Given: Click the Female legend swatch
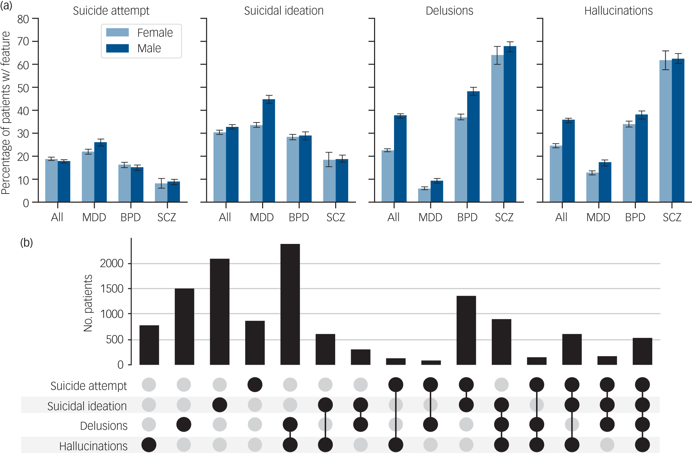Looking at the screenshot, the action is [x=117, y=32].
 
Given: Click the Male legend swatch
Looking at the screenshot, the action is [x=117, y=48].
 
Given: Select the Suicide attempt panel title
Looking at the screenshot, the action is [x=111, y=11].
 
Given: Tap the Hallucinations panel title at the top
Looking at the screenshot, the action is [x=619, y=11].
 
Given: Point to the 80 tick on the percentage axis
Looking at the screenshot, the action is [x=23, y=19].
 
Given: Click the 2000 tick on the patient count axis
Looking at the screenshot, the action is [x=112, y=263].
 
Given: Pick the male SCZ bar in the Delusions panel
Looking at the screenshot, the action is [x=510, y=124].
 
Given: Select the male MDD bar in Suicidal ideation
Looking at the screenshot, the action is [x=269, y=151].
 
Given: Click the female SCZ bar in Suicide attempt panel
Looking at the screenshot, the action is [x=161, y=193].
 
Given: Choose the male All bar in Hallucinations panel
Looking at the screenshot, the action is [x=569, y=161].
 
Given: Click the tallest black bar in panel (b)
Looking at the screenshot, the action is [x=290, y=304].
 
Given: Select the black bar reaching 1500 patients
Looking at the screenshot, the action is [x=184, y=326].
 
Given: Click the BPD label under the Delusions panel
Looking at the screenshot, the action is [x=467, y=217].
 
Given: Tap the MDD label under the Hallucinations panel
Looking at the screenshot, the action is [x=598, y=217].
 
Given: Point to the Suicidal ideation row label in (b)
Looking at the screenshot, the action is [x=87, y=406].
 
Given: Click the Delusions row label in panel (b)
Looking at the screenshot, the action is [x=104, y=426].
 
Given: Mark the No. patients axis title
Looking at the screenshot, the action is [x=88, y=303].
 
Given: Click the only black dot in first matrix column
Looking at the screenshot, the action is [x=149, y=445].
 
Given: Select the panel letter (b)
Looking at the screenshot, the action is [x=27, y=243].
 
